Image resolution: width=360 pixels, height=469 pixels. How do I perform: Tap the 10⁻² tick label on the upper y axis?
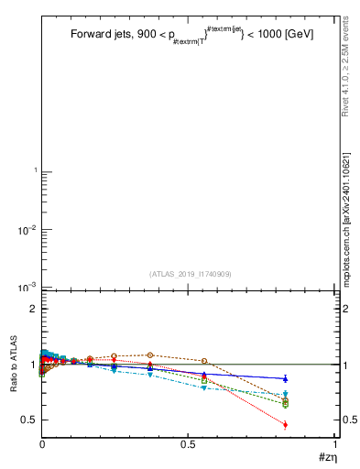[x=27, y=229]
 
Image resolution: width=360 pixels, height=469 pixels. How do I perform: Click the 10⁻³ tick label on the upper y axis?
[x=27, y=287]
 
